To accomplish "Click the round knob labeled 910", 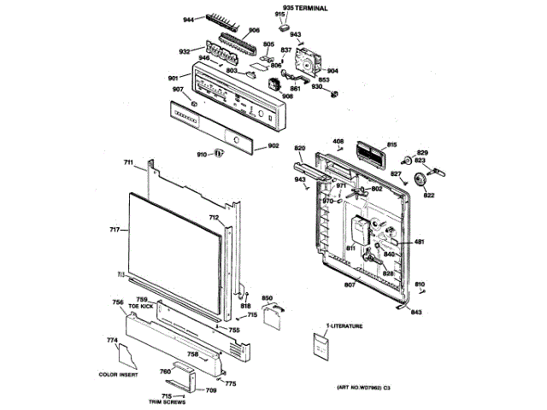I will tap(218, 154).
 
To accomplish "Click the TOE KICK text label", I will tap(142, 305).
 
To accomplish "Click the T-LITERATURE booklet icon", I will tap(321, 348).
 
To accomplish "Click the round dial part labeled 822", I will tap(419, 180).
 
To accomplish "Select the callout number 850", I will tap(267, 298).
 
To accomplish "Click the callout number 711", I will tap(128, 162).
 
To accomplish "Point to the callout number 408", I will tap(338, 141).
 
